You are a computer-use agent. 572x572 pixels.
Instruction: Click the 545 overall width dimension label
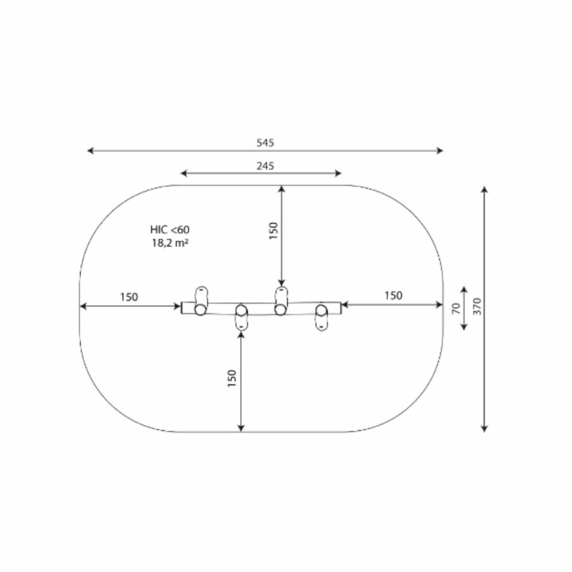[265, 142]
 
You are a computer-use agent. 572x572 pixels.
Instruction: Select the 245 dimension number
[265, 166]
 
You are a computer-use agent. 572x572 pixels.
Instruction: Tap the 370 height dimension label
[477, 306]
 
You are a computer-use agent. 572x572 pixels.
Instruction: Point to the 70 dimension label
[456, 309]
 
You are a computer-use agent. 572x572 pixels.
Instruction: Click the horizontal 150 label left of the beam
[129, 297]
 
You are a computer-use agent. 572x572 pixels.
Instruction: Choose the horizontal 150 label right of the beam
[393, 295]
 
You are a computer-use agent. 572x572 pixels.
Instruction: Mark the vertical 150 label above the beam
[273, 231]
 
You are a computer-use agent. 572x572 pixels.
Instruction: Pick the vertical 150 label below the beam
[232, 378]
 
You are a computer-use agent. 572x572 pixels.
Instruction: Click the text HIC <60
[170, 229]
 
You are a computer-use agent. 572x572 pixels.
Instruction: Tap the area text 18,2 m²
[170, 243]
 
